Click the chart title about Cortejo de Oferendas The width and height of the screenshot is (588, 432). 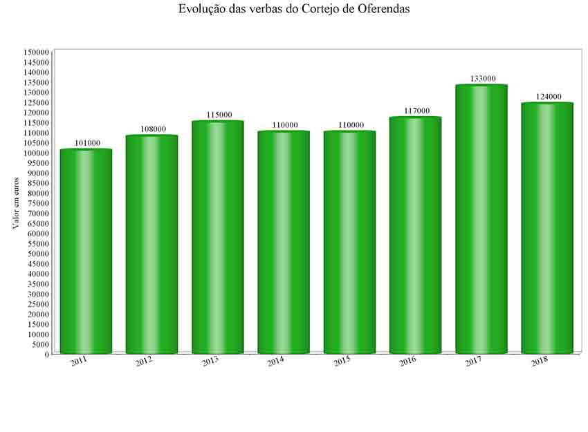(293, 9)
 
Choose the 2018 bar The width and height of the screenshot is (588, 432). (546, 228)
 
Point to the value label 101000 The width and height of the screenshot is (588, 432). (86, 143)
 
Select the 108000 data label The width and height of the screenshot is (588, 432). (152, 129)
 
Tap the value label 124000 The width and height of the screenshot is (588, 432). (547, 97)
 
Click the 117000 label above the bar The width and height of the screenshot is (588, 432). (416, 111)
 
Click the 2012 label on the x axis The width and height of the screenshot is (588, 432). (144, 361)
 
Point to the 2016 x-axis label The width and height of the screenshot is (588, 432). (407, 361)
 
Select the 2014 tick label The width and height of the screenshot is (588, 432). (275, 361)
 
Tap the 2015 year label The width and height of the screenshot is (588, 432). (342, 361)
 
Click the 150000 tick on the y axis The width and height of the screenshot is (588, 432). (36, 53)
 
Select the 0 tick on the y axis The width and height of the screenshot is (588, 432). (47, 354)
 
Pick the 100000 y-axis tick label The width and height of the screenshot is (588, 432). (36, 153)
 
